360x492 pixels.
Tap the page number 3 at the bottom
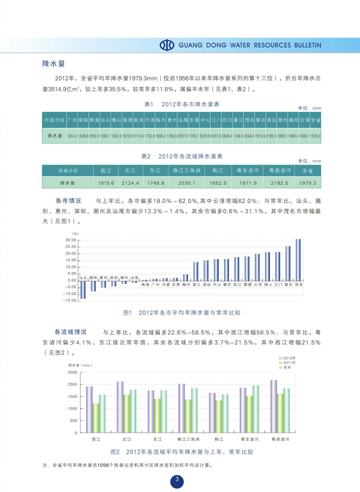177,480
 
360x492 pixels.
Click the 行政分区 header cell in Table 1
54,120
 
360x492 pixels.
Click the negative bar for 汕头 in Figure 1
83,290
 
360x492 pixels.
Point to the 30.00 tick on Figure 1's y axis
71,240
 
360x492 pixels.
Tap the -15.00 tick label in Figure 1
70,300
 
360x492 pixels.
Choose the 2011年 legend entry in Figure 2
289,362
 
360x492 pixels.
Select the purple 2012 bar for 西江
90,409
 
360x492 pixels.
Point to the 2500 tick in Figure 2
72,372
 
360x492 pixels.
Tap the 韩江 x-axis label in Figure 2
219,438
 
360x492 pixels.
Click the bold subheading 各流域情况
71,332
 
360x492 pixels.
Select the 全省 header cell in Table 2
308,171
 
